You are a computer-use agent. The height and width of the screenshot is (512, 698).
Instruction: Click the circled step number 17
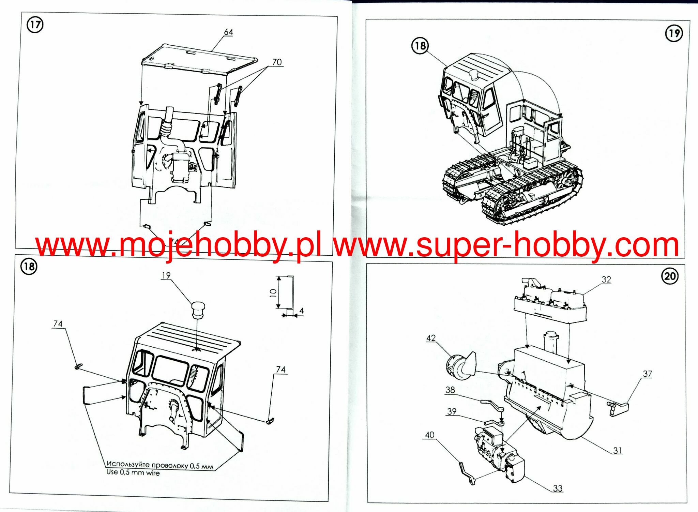(x=35, y=25)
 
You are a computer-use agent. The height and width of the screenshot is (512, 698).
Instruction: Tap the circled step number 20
(x=670, y=276)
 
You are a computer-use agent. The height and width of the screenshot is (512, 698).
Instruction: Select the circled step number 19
(x=674, y=33)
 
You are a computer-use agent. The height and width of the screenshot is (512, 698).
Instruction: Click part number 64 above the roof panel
(x=228, y=32)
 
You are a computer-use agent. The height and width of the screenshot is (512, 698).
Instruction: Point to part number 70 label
(x=277, y=62)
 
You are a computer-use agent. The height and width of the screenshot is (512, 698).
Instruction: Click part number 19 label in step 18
(x=166, y=275)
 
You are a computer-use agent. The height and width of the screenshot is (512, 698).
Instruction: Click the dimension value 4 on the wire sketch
(x=301, y=311)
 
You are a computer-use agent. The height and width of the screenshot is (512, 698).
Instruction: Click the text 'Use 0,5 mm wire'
(x=133, y=472)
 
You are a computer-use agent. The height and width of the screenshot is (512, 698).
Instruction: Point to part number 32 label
(x=606, y=280)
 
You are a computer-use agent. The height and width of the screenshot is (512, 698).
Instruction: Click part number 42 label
(x=431, y=338)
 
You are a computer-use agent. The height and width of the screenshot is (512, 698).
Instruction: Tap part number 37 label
(x=647, y=374)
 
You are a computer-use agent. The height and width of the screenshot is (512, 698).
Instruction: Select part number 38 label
(x=450, y=390)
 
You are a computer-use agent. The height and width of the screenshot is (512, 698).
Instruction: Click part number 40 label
(x=429, y=435)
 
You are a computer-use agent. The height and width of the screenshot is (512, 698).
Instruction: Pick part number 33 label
(x=558, y=488)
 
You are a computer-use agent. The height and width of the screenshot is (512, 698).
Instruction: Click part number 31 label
(x=618, y=450)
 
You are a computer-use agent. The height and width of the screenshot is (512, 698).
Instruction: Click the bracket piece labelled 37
(x=618, y=407)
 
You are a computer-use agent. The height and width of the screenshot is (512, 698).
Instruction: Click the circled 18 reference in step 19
(x=420, y=46)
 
